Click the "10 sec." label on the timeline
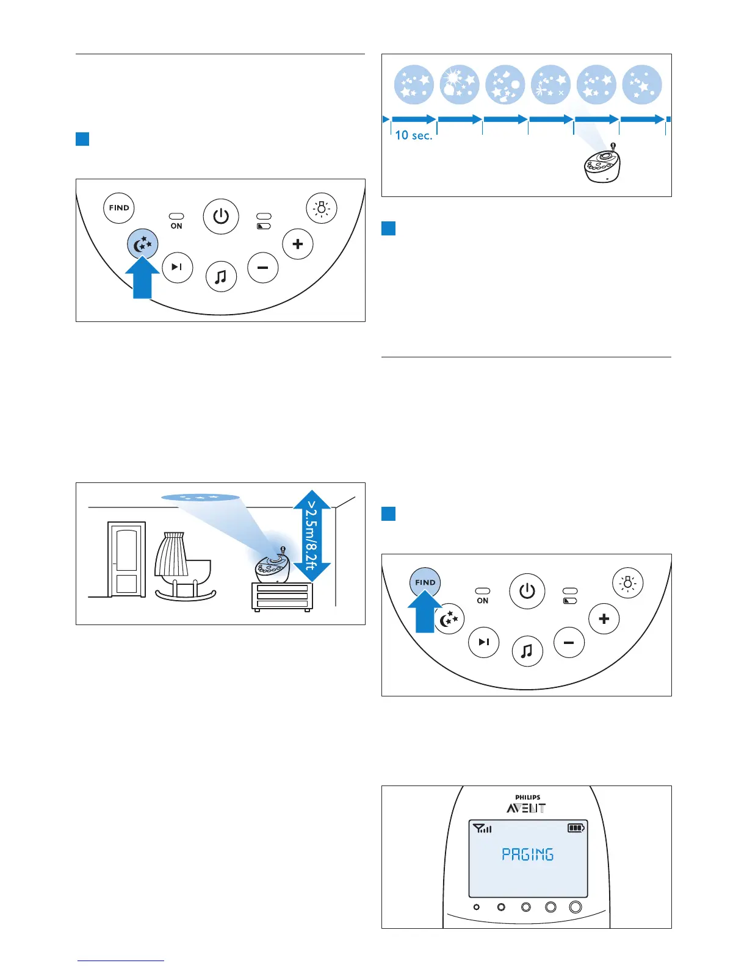pos(413,135)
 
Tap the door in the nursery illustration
pos(126,559)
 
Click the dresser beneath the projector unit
pos(282,596)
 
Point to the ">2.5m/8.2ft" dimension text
pos(312,535)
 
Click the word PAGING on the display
pos(527,854)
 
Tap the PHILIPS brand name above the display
pos(527,797)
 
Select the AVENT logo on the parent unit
pos(526,809)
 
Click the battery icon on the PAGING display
pos(576,828)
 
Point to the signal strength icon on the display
pos(482,828)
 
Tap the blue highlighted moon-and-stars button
pos(143,245)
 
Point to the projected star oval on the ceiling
pos(200,498)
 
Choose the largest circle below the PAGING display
pos(576,907)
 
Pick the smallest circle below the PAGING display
pos(477,907)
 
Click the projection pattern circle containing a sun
pos(460,85)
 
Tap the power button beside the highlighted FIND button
pos(527,591)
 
